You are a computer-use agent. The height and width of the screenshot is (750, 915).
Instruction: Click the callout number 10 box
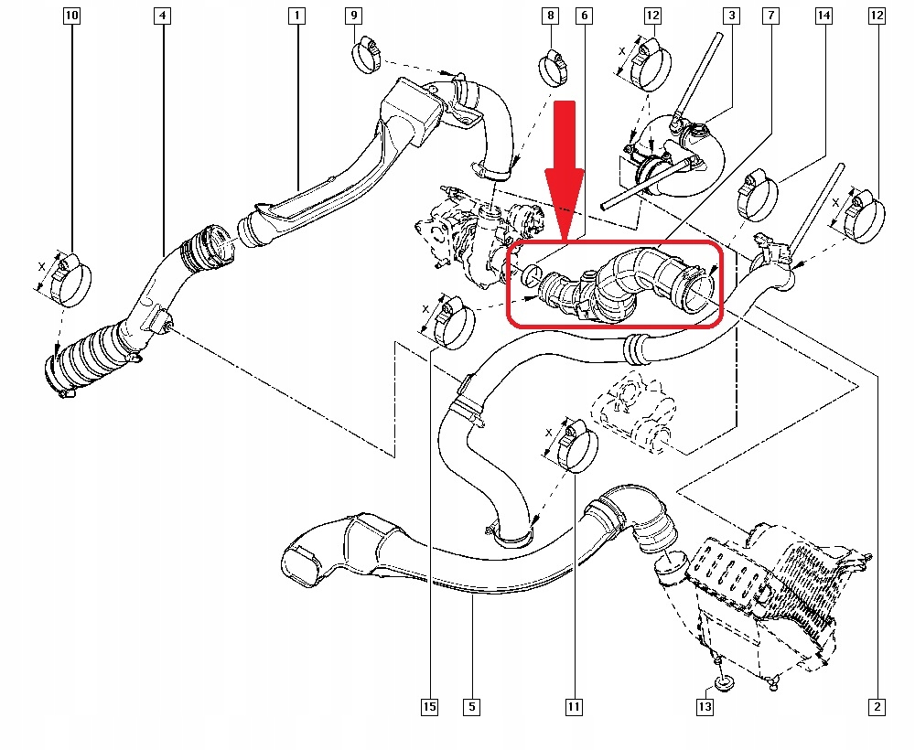coord(72,16)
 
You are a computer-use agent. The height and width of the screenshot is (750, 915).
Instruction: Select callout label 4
coord(162,16)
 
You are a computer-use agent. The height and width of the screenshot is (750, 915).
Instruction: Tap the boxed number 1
coord(296,16)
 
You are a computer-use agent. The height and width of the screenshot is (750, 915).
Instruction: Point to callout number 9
coord(354,16)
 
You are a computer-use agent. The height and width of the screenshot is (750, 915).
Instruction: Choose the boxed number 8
coord(549,16)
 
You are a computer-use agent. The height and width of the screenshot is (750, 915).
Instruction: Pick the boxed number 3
coord(731,16)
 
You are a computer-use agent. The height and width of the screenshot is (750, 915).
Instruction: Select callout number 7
coord(771,16)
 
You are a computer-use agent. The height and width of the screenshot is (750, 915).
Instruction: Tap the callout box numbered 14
coord(824,16)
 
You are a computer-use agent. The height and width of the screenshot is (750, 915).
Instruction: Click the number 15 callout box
coord(429,706)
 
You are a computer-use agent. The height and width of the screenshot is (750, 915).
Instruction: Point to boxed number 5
coord(471,706)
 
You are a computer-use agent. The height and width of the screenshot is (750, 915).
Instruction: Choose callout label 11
coord(574,706)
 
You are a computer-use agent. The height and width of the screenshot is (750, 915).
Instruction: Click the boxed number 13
coord(704,706)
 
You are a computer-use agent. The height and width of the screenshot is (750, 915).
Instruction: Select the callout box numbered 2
coord(877,706)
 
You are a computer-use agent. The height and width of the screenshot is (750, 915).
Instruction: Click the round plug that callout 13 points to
coord(724,682)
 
